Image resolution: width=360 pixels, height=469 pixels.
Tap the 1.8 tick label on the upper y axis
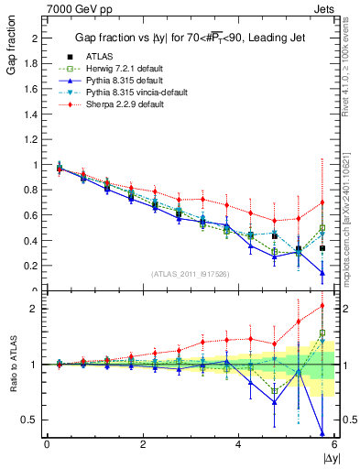tap(32, 64)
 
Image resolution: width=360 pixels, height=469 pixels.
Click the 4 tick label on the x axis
tap(238, 444)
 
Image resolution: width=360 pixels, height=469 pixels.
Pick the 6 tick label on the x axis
tap(333, 444)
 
